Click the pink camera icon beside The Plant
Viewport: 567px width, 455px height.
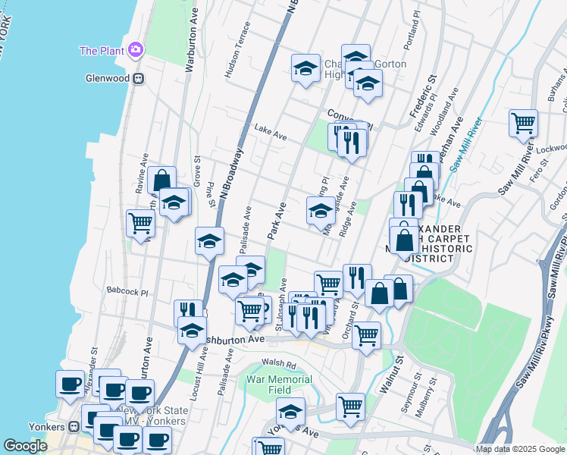click(136, 50)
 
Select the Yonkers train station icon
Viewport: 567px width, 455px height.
click(74, 427)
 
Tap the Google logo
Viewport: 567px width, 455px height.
click(25, 447)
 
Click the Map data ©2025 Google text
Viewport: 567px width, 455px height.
click(520, 449)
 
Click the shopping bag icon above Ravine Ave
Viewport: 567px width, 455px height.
click(161, 180)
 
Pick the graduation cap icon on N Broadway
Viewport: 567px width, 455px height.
click(209, 240)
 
